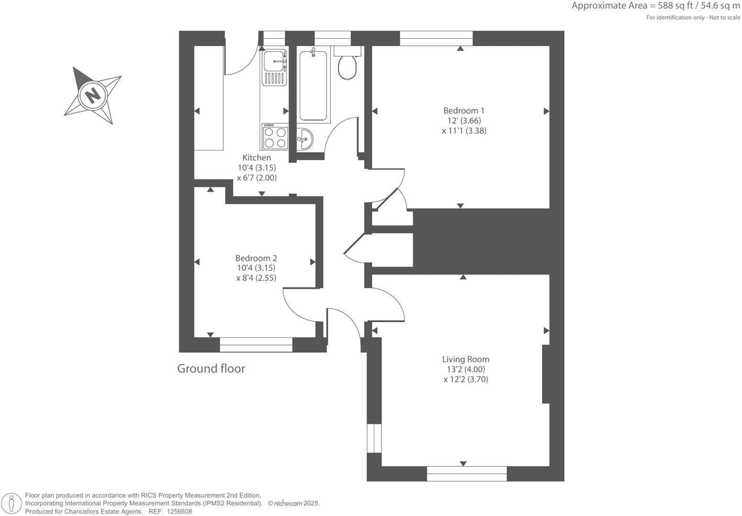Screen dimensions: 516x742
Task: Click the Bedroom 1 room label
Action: click(460, 110)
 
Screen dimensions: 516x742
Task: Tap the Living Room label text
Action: click(465, 359)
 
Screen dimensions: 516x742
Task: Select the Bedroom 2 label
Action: click(256, 258)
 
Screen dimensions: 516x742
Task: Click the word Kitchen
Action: click(257, 158)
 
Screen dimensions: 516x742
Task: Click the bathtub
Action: click(313, 86)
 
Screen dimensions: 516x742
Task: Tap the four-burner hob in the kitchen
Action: click(275, 137)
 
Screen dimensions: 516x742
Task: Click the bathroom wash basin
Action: click(304, 139)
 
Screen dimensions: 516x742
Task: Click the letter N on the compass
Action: click(93, 95)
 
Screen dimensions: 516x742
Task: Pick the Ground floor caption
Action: click(211, 368)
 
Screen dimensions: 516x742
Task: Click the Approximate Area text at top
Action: click(655, 6)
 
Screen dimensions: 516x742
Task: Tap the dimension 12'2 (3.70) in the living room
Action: click(465, 380)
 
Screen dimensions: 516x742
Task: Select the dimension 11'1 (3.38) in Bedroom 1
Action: click(460, 130)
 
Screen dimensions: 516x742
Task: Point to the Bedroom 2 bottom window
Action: click(256, 344)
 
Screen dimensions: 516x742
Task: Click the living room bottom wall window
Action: click(467, 473)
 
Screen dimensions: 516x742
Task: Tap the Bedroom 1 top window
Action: click(436, 38)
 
